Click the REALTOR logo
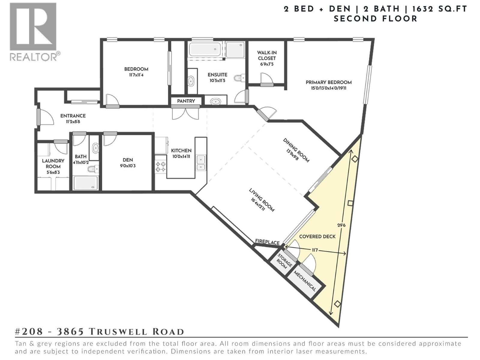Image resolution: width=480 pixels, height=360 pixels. click(x=33, y=31)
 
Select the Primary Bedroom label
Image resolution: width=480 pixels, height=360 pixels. click(x=328, y=82)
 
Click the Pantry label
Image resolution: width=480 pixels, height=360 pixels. click(x=186, y=101)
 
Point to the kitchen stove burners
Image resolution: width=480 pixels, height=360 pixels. click(x=160, y=167)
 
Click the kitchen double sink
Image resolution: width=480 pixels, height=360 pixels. click(x=201, y=163)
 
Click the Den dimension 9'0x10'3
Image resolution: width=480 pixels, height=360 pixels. click(x=127, y=166)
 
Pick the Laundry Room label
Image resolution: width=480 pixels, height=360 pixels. click(x=53, y=163)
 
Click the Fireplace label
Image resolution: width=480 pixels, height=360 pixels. click(x=267, y=242)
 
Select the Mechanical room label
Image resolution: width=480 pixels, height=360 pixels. click(x=305, y=281)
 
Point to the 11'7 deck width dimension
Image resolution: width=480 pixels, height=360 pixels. click(x=315, y=250)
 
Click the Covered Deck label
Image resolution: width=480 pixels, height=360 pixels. click(x=317, y=236)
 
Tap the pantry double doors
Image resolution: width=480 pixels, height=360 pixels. click(x=185, y=113)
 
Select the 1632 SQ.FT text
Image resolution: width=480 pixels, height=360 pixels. click(x=439, y=9)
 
